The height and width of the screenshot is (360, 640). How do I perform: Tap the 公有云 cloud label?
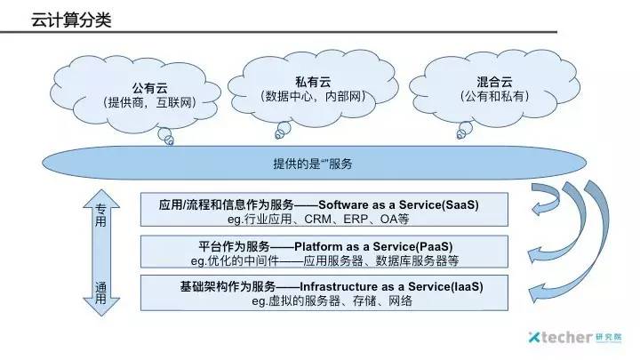[x=149, y=88]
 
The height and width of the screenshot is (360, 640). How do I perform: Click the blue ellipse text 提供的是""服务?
[x=317, y=164]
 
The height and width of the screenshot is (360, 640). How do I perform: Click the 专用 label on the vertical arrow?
[x=100, y=214]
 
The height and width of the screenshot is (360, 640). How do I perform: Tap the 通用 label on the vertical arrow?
[x=100, y=292]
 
